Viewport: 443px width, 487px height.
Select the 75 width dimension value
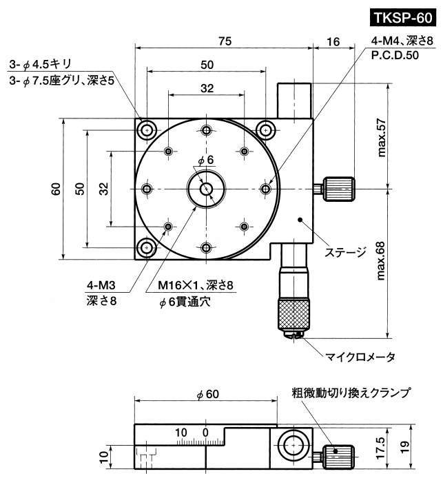point(225,41)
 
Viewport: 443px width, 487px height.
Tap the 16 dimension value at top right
point(333,41)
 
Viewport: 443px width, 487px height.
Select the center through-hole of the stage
point(205,189)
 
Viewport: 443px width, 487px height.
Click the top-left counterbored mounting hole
point(147,129)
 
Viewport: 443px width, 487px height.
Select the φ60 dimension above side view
point(207,395)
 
